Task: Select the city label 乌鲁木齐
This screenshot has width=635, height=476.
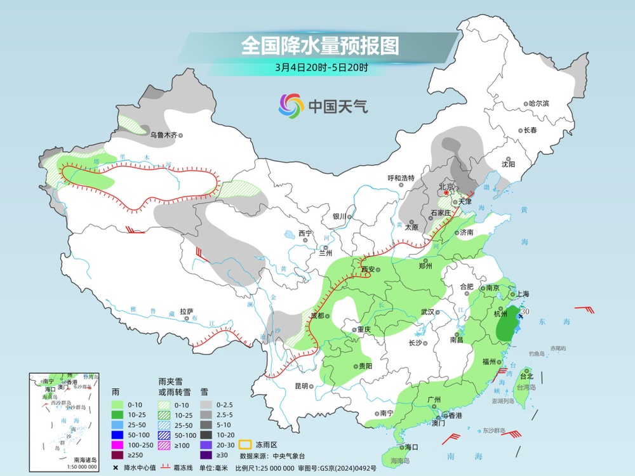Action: (163, 135)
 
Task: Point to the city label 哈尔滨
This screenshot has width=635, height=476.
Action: (538, 103)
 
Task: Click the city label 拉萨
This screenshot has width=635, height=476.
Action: (185, 312)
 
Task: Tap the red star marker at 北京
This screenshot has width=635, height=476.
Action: (446, 192)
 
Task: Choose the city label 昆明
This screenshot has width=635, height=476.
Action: (301, 386)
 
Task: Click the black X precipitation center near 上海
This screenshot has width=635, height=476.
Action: (520, 315)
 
